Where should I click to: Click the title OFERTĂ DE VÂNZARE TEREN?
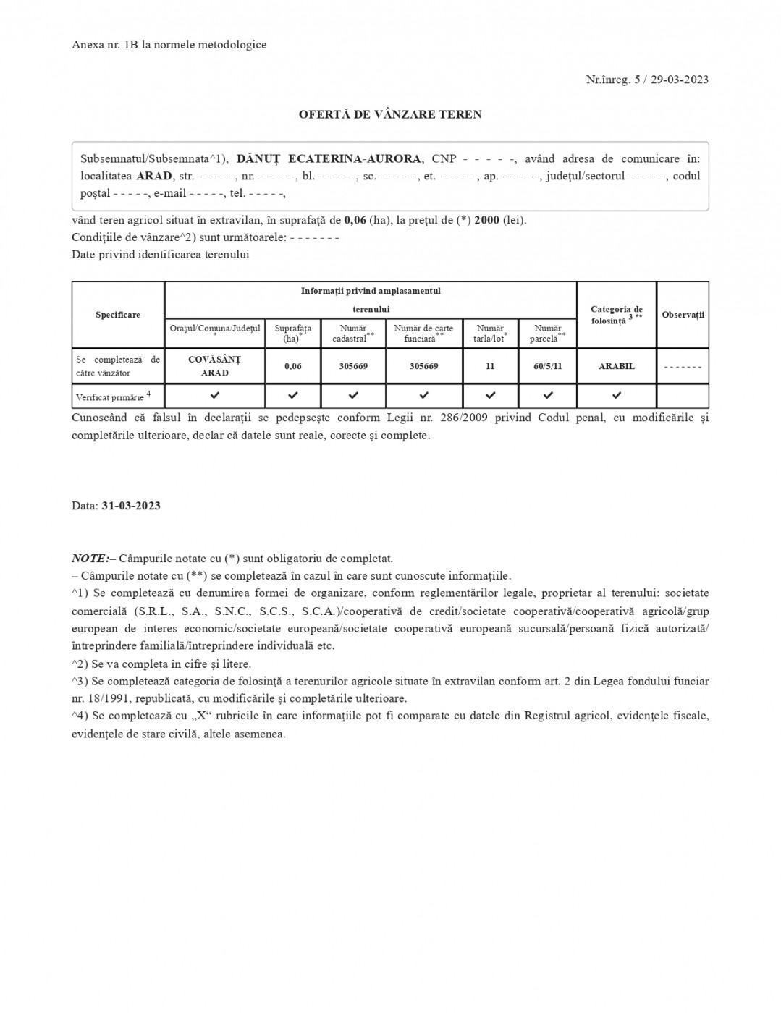(x=390, y=114)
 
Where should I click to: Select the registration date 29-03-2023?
(x=679, y=80)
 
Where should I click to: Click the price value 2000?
(x=486, y=220)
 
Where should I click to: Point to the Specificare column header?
(x=118, y=315)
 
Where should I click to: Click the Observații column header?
(x=683, y=315)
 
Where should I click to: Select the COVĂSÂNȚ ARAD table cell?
(x=214, y=366)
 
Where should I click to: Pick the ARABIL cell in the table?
(x=617, y=366)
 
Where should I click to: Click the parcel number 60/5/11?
(x=548, y=366)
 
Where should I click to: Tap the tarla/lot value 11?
(x=490, y=366)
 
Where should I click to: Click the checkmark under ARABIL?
(x=617, y=396)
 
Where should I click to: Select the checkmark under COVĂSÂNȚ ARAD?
(x=214, y=396)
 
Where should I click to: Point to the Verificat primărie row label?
(x=113, y=397)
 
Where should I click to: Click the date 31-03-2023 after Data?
(x=131, y=506)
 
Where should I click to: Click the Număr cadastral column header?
(x=353, y=334)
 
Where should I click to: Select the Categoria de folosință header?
(x=617, y=315)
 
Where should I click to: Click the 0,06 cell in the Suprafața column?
(x=293, y=366)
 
